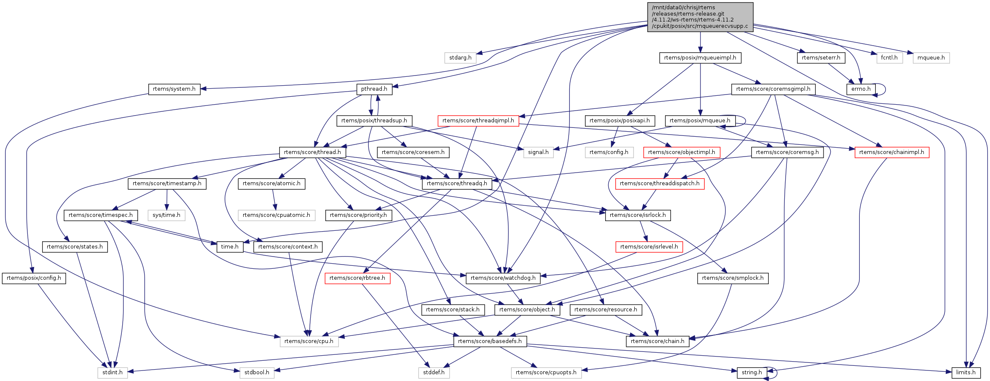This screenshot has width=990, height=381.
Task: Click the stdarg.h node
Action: click(460, 58)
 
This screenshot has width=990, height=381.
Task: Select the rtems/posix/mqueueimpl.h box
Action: click(700, 58)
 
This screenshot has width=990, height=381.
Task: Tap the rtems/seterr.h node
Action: click(821, 58)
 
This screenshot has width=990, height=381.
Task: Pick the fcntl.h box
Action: click(889, 58)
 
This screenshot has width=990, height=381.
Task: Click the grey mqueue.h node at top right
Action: click(931, 58)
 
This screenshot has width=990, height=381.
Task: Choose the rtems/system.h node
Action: click(174, 89)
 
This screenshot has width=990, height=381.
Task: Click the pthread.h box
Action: click(374, 89)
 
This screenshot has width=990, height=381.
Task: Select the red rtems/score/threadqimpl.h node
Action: click(478, 121)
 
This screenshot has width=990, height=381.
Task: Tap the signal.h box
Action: click(538, 152)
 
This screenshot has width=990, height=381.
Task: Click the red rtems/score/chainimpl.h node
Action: click(891, 152)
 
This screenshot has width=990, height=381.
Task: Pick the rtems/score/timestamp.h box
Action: click(167, 184)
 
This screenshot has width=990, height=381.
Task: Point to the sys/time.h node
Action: click(166, 215)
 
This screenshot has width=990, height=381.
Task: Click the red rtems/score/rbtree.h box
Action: click(357, 278)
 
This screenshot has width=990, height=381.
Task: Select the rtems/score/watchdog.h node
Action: click(503, 278)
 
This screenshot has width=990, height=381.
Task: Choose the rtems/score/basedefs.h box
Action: click(490, 341)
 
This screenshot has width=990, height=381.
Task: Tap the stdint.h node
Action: click(113, 373)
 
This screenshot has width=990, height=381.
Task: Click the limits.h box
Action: click(966, 373)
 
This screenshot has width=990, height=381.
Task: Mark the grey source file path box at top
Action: click(700, 17)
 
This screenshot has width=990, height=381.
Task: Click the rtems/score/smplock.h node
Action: click(732, 278)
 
